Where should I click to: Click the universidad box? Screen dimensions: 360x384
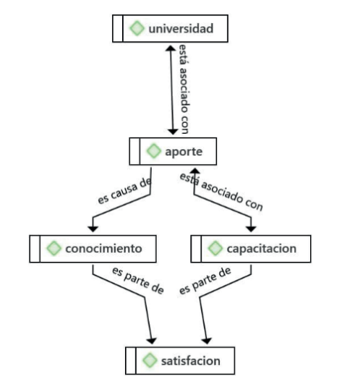click(170, 28)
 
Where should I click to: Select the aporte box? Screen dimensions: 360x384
click(173, 151)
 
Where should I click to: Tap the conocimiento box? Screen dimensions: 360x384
click(93, 249)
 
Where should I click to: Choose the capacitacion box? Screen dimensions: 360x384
click(251, 249)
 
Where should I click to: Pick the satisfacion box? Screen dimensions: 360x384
click(180, 360)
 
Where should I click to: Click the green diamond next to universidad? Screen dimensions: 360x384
click(137, 28)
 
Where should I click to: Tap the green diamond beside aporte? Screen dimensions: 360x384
click(154, 151)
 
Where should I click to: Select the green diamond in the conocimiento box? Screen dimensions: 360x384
click(53, 248)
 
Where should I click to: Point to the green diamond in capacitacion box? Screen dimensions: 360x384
click(215, 248)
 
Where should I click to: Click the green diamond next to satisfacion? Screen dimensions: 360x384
click(150, 360)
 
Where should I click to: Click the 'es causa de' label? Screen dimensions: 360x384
click(124, 190)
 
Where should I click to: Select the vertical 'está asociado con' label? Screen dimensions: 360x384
click(184, 89)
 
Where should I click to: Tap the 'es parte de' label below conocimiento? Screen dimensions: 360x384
click(138, 281)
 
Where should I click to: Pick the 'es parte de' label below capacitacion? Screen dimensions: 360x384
click(205, 281)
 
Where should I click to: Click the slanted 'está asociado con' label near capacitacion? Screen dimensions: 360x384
click(221, 192)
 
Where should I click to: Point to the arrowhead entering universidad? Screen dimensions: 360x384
click(171, 48)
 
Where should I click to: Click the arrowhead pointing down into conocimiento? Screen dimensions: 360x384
click(93, 229)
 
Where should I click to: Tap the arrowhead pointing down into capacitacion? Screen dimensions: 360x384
click(251, 229)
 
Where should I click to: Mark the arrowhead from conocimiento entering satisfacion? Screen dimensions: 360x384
click(152, 341)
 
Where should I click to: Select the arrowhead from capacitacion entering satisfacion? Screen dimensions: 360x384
click(206, 341)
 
